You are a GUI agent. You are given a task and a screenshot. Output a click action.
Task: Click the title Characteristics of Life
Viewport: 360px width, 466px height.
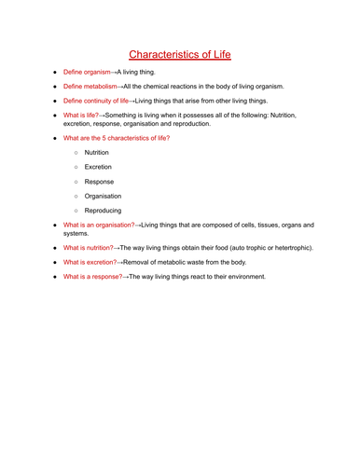(179, 55)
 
